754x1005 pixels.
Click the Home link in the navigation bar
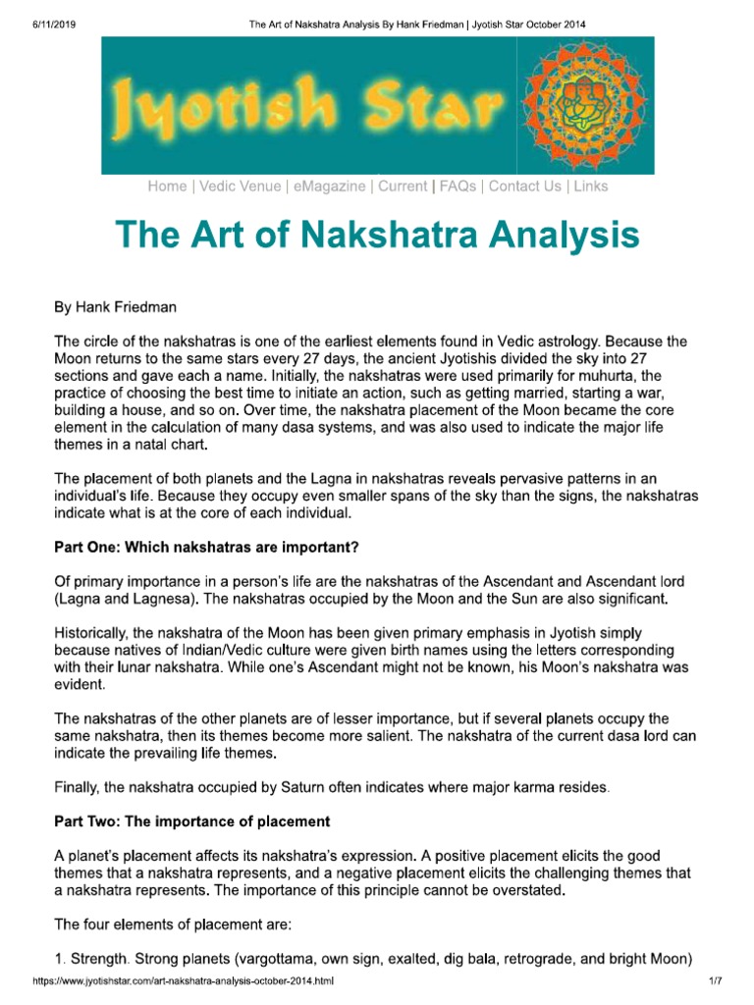166,186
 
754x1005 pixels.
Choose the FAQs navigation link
457,186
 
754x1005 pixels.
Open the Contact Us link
525,186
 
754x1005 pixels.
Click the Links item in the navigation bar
591,186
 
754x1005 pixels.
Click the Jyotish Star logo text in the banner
304,104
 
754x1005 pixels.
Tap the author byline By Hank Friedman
115,307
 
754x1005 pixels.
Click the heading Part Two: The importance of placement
191,820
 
